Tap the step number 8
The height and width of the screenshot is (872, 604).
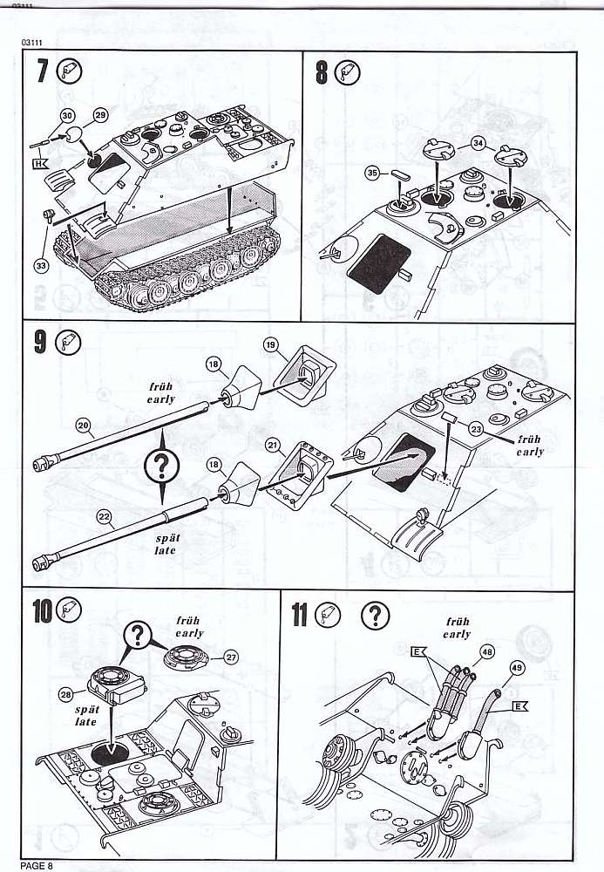(321, 72)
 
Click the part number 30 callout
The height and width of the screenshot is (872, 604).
(67, 115)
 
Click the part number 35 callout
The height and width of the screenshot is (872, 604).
(372, 174)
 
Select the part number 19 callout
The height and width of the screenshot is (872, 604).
(270, 345)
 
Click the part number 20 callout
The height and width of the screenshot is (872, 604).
(84, 426)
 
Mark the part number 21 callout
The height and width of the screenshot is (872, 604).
(273, 445)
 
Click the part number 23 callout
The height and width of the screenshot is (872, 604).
(475, 428)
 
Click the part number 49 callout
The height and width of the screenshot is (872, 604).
(516, 669)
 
